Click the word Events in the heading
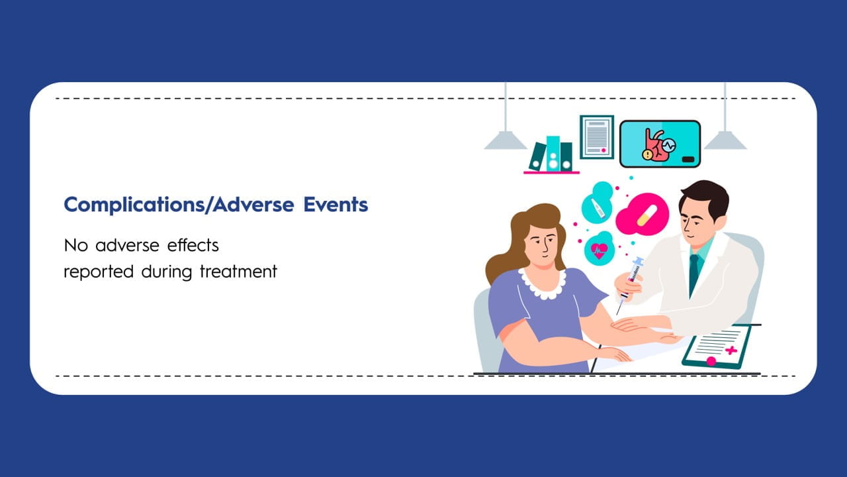pyautogui.click(x=335, y=205)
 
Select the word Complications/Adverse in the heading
pyautogui.click(x=179, y=205)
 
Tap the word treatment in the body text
pyautogui.click(x=238, y=272)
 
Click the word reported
pyautogui.click(x=99, y=272)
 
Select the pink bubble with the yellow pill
pyautogui.click(x=643, y=215)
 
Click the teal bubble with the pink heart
pyautogui.click(x=599, y=249)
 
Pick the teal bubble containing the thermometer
pyautogui.click(x=598, y=203)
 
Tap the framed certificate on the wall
pyautogui.click(x=597, y=137)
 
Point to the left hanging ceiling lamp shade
pyautogui.click(x=506, y=140)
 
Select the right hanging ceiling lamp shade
pyautogui.click(x=725, y=140)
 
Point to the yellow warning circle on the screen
pyautogui.click(x=648, y=154)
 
